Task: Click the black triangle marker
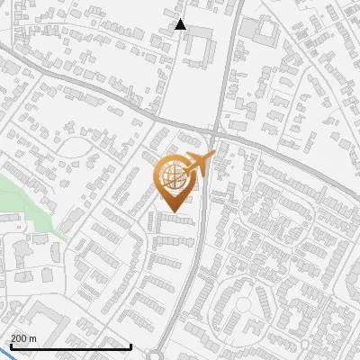(180, 24)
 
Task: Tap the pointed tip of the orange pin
(174, 211)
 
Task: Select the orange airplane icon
(199, 164)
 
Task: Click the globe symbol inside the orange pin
(174, 177)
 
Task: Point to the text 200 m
(23, 337)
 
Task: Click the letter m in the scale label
(32, 337)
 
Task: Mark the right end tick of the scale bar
(131, 346)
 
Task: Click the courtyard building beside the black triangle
(199, 40)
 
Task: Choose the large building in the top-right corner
(266, 31)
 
